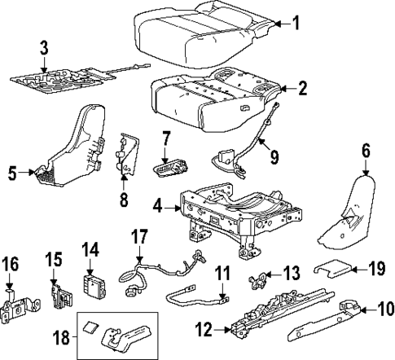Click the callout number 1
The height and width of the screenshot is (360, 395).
coord(296,23)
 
